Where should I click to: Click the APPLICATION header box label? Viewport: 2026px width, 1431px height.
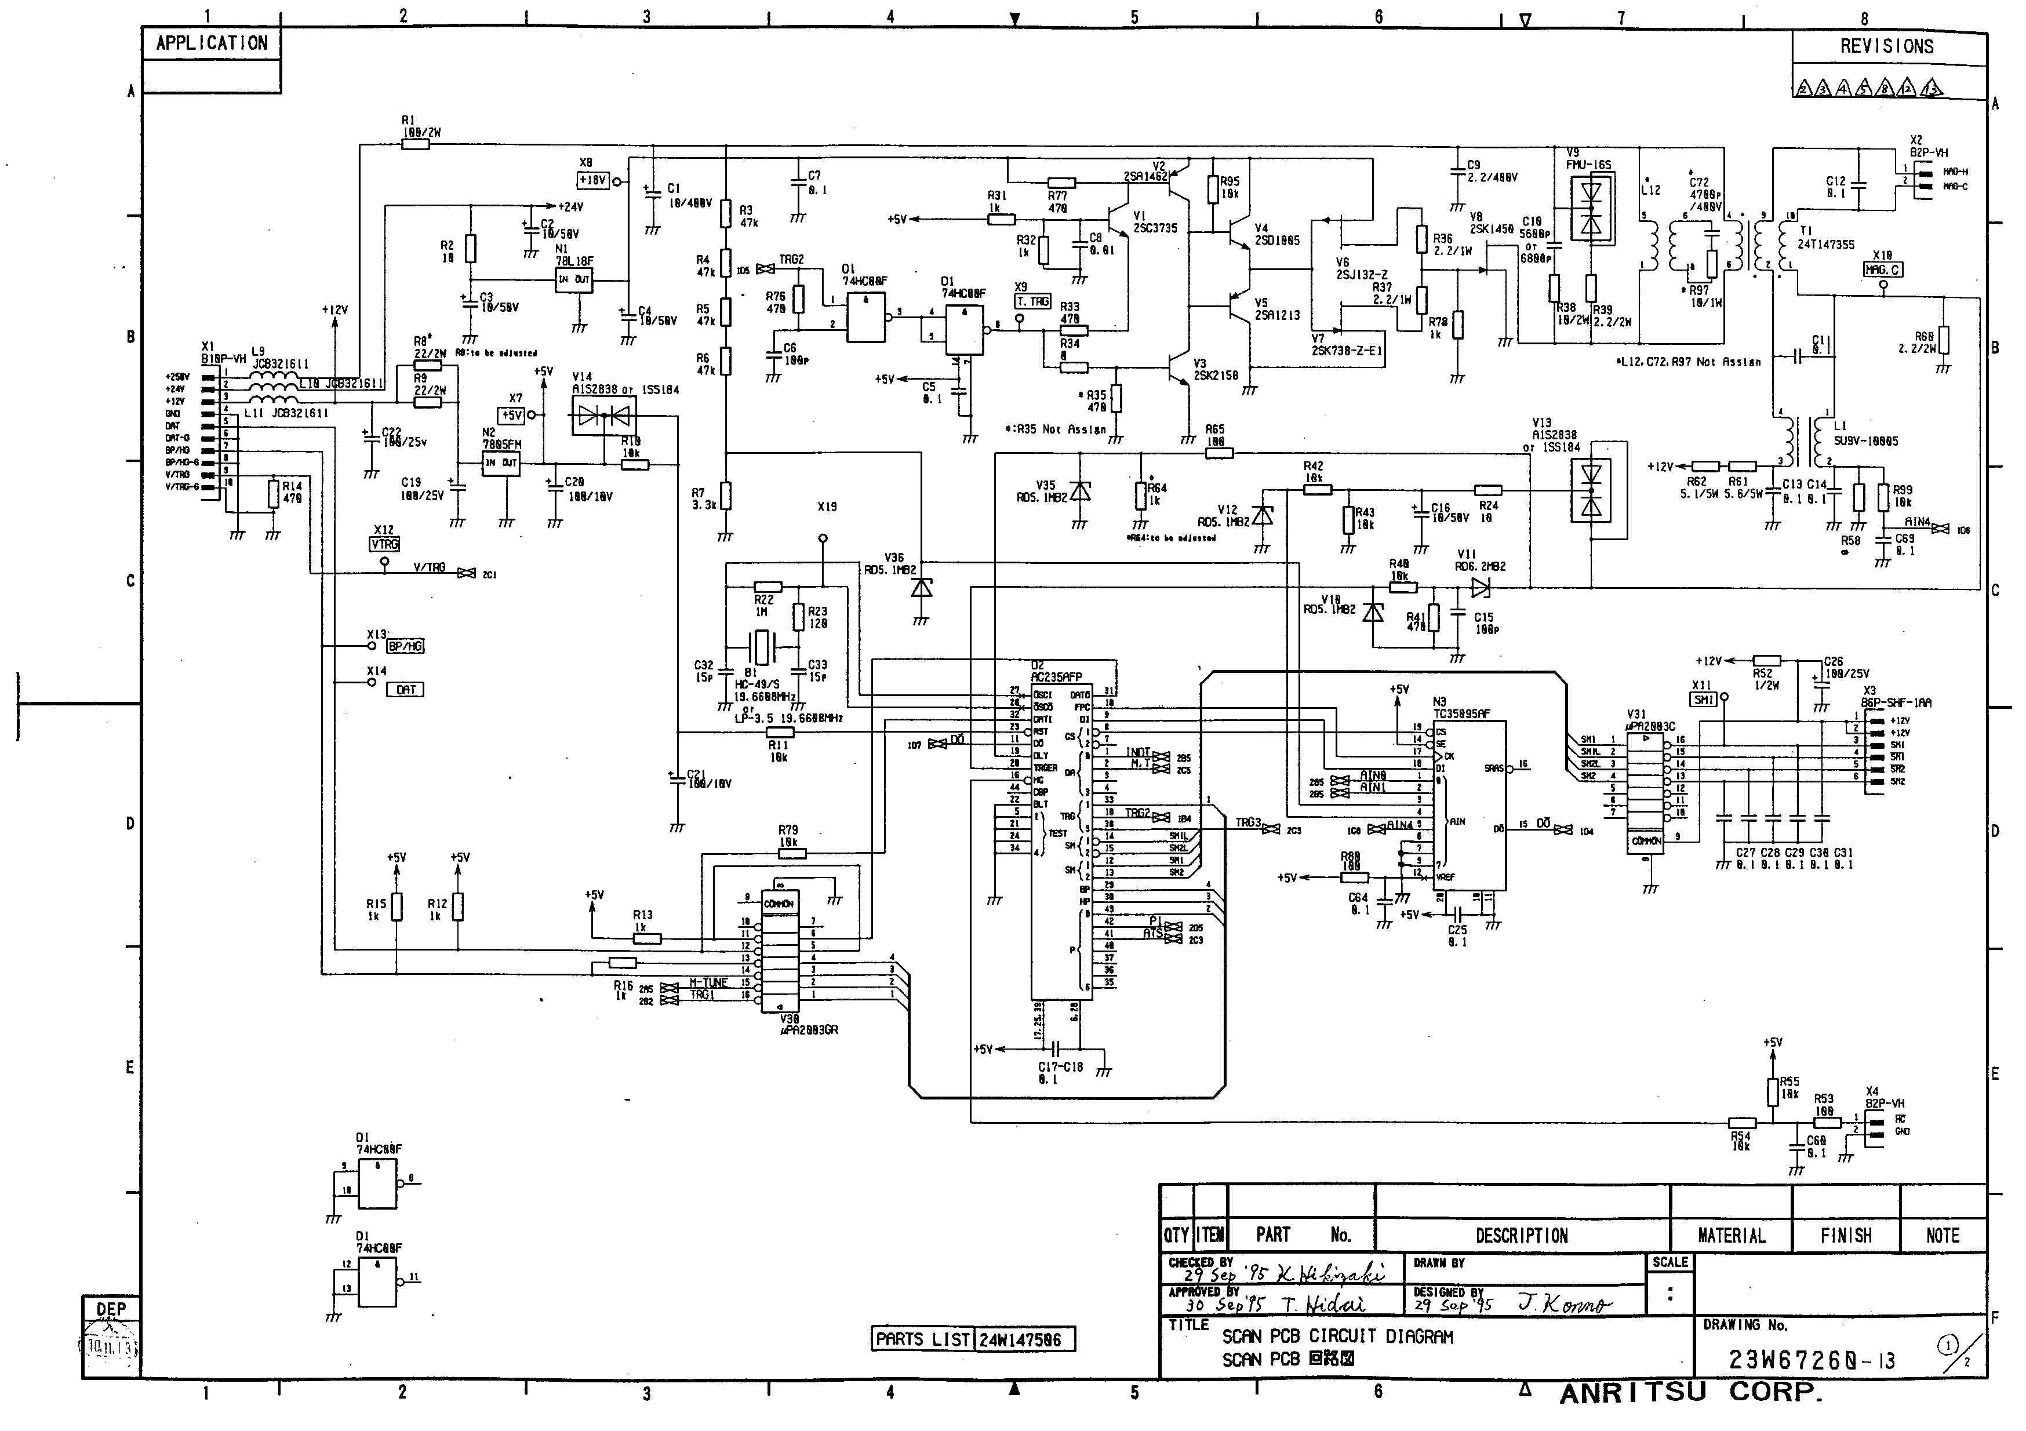coord(212,43)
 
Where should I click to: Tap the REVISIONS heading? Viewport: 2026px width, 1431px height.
coord(1886,47)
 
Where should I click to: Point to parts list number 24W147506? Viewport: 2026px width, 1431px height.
coord(1024,1339)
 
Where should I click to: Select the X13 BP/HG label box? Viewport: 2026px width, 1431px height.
coord(405,647)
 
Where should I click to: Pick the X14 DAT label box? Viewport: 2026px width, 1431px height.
coord(406,690)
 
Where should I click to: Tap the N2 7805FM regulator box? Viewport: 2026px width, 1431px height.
coord(500,463)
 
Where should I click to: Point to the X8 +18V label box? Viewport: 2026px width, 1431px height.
coord(593,181)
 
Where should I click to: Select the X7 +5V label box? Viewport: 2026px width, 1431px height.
coord(512,414)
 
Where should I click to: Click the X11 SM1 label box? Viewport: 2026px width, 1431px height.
coord(1703,700)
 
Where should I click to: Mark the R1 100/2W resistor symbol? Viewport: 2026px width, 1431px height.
coord(416,144)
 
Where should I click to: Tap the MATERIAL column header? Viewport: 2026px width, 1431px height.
coord(1732,1235)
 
